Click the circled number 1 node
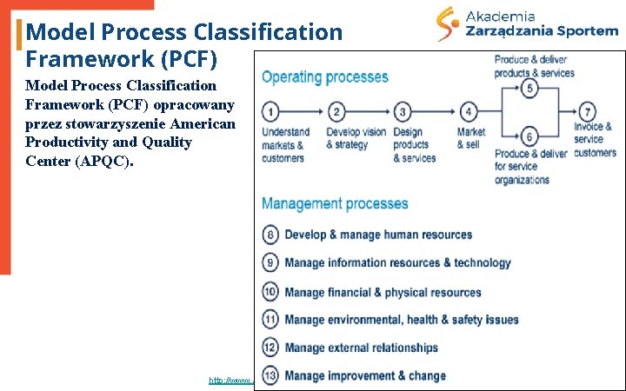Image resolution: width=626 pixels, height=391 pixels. (x=270, y=112)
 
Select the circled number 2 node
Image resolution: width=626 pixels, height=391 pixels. (x=337, y=112)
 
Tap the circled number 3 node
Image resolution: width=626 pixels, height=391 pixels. (x=403, y=112)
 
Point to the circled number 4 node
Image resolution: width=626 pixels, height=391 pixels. (x=469, y=112)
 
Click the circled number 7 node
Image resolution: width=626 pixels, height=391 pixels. (x=589, y=112)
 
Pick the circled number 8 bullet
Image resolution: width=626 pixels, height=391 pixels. (x=270, y=235)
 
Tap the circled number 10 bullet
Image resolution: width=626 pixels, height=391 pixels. (x=270, y=293)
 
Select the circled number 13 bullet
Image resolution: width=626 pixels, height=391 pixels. (x=270, y=376)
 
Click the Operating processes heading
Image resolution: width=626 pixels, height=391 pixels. (x=325, y=76)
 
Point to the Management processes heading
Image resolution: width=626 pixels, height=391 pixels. (x=335, y=204)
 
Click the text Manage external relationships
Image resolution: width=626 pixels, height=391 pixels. (x=361, y=348)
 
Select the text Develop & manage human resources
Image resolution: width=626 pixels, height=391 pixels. (x=378, y=235)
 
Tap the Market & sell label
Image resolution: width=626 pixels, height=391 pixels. (x=470, y=138)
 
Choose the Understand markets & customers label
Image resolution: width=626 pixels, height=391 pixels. (x=285, y=145)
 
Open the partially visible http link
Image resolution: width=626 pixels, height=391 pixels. (x=230, y=381)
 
